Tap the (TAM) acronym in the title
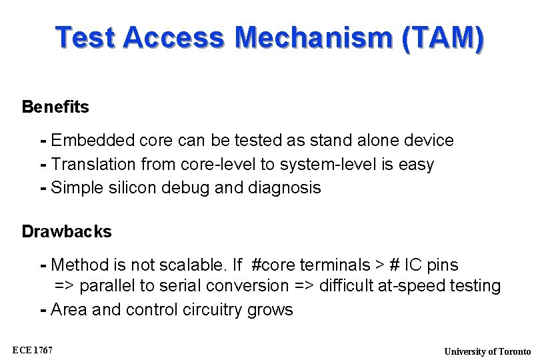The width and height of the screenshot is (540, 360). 443,38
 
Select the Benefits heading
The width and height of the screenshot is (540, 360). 55,107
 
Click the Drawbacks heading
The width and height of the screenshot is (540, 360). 67,232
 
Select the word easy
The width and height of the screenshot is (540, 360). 416,164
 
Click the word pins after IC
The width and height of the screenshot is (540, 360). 442,265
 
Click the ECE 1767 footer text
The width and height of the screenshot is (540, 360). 33,350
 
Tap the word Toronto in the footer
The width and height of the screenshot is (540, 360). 515,351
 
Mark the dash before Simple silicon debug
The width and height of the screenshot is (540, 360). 43,188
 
